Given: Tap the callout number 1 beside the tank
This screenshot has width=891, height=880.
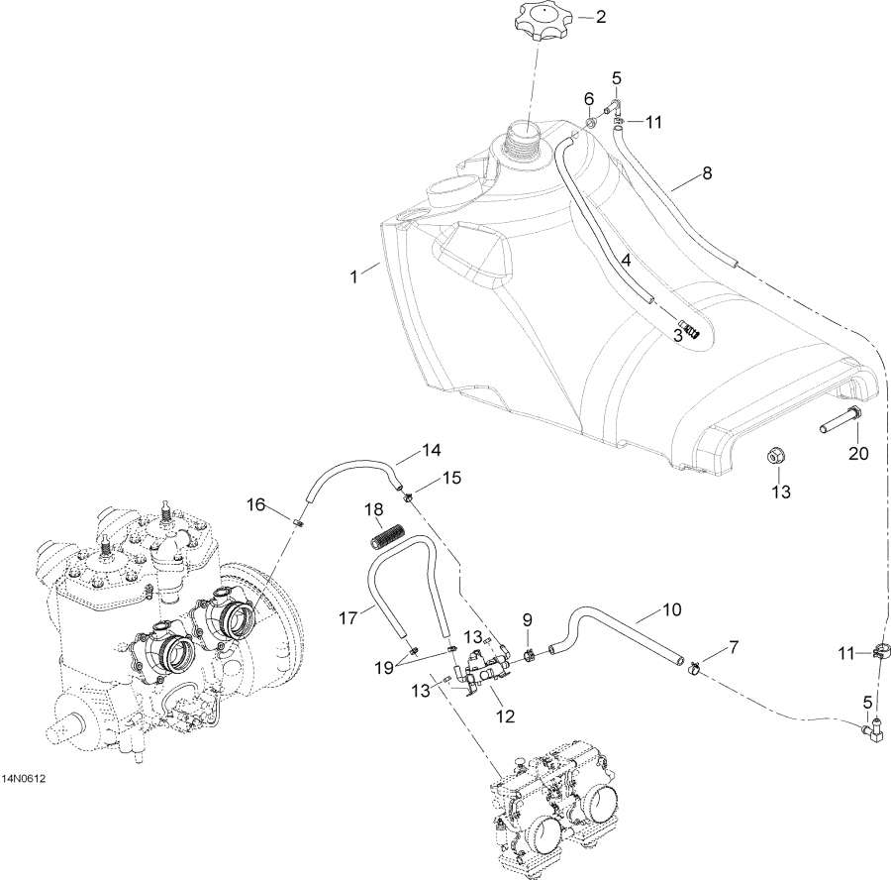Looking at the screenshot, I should [x=353, y=276].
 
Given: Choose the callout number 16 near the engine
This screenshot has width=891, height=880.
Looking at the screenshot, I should [x=256, y=504].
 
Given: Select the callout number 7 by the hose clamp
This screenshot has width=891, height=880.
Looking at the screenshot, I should [x=734, y=647].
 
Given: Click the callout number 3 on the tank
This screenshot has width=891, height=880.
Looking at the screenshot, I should [x=677, y=336].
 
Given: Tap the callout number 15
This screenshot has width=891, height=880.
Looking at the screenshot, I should [x=451, y=479].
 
